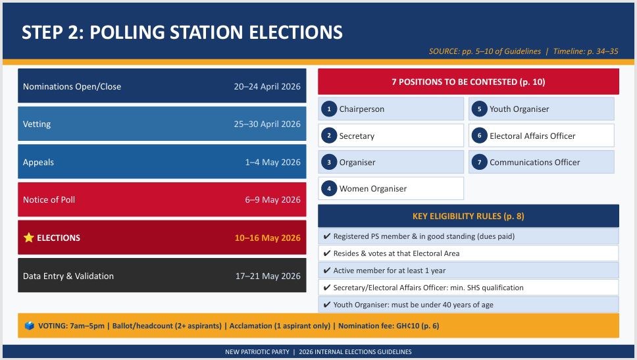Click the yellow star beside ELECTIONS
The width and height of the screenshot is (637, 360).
coord(28,238)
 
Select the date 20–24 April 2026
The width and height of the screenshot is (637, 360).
coord(267,87)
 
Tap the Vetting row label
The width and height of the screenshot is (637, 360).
coord(37,124)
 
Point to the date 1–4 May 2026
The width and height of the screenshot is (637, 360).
coord(272,162)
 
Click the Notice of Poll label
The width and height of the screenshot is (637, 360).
coord(49,200)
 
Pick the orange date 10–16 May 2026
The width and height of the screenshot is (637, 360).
coord(267,238)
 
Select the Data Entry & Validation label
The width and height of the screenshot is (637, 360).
coord(68,276)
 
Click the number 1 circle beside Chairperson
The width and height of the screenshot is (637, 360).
coord(329,109)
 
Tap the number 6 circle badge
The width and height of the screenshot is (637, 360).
coord(479,136)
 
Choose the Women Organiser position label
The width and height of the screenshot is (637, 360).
coord(373,188)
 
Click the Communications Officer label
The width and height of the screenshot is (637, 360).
coord(534,162)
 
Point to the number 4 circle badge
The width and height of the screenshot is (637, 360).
coord(329,188)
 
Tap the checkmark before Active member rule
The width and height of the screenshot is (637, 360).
coord(326,270)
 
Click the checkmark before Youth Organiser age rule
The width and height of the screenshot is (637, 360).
coord(326,304)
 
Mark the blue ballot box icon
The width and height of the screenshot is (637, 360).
coord(29,326)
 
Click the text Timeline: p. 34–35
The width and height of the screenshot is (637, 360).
coord(586,51)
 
